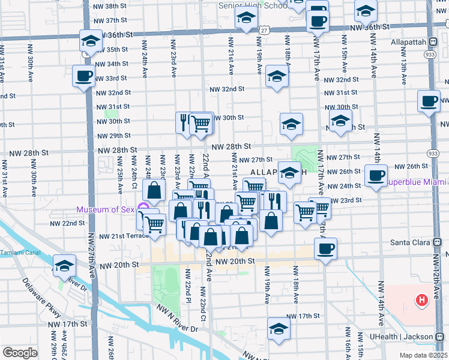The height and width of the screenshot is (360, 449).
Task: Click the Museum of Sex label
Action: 106,209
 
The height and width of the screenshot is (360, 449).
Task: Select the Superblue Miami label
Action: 417,182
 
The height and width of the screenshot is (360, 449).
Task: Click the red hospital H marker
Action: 422,299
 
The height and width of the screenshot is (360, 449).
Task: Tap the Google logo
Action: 20,353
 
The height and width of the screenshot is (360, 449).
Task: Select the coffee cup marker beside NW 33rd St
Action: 83,76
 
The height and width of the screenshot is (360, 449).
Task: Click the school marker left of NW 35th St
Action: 90,41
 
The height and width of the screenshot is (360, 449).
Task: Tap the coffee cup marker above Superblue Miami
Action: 376,176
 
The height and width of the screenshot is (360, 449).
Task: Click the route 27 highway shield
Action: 264,29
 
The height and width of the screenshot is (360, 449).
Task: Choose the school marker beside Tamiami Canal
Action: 64,265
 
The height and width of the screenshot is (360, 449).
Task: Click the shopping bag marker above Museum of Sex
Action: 155,191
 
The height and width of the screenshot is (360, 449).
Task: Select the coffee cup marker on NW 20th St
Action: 325,248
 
